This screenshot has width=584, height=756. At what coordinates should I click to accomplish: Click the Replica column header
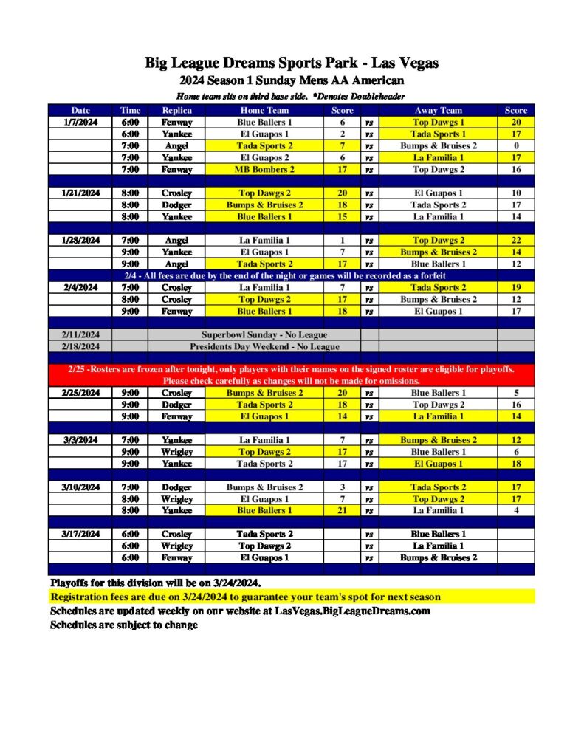177,110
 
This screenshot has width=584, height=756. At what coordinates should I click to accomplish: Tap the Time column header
130,110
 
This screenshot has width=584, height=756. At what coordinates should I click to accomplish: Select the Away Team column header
439,110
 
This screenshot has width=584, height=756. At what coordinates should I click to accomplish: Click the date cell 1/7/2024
80,122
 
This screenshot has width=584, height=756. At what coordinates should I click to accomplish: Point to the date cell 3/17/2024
80,534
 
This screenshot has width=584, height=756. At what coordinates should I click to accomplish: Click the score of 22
516,240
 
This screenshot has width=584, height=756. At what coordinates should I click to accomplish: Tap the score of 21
343,510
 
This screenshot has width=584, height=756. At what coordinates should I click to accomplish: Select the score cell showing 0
516,145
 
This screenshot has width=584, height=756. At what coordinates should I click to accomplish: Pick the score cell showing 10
516,193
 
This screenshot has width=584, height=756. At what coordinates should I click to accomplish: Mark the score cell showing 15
343,216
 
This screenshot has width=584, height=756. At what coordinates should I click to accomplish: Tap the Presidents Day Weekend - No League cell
264,346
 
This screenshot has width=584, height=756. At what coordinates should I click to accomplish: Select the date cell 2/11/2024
80,334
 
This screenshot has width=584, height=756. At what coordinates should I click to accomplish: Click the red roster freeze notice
292,374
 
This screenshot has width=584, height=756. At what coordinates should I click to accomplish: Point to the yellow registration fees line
245,597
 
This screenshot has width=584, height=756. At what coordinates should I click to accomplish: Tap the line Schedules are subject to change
124,625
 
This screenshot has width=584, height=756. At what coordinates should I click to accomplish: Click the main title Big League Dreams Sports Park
292,63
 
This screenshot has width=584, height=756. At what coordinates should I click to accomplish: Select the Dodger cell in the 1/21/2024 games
177,205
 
